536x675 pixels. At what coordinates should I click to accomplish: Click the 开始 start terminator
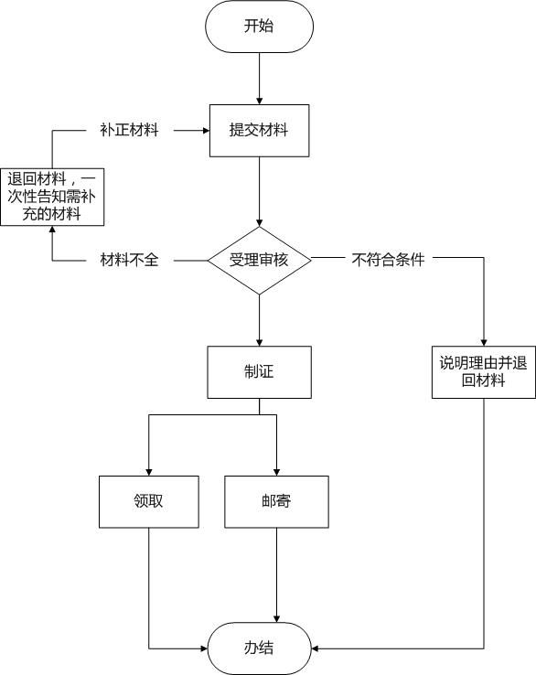pyautogui.click(x=259, y=26)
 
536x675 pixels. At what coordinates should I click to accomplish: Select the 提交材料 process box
pyautogui.click(x=259, y=130)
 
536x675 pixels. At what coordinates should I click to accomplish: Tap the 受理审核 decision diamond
pyautogui.click(x=259, y=261)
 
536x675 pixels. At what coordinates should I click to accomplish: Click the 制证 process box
pyautogui.click(x=259, y=371)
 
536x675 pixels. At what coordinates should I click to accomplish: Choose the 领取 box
pyautogui.click(x=148, y=502)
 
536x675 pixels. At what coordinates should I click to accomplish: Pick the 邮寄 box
pyautogui.click(x=276, y=502)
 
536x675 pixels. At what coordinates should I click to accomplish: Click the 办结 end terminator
pyautogui.click(x=259, y=648)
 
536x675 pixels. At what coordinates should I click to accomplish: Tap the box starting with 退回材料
pyautogui.click(x=51, y=196)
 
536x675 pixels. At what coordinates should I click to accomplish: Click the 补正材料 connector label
pyautogui.click(x=129, y=130)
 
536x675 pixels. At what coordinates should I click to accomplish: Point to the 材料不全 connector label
pyautogui.click(x=129, y=261)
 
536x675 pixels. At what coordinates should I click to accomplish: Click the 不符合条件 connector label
pyautogui.click(x=388, y=261)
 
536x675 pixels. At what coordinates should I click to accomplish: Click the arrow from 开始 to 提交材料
pyautogui.click(x=259, y=78)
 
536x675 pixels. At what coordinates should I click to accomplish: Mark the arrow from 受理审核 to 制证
pyautogui.click(x=259, y=320)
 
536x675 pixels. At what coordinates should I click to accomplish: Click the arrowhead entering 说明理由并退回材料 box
pyautogui.click(x=484, y=340)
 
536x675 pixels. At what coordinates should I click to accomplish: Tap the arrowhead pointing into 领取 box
pyautogui.click(x=148, y=471)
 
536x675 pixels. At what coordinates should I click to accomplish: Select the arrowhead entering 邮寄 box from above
pyautogui.click(x=276, y=471)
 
